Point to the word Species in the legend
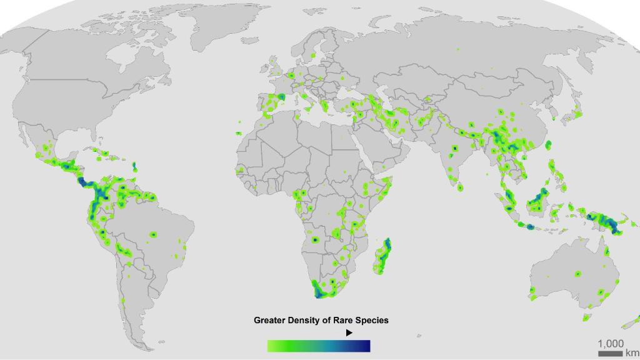(372, 320)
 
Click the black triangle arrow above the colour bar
(349, 332)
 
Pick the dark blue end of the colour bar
(365, 346)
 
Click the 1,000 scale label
(610, 344)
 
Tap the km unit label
(632, 353)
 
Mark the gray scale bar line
(610, 354)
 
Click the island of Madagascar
(382, 256)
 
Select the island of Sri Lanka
(460, 187)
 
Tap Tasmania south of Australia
(587, 317)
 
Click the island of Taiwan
(549, 145)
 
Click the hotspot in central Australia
(577, 274)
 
